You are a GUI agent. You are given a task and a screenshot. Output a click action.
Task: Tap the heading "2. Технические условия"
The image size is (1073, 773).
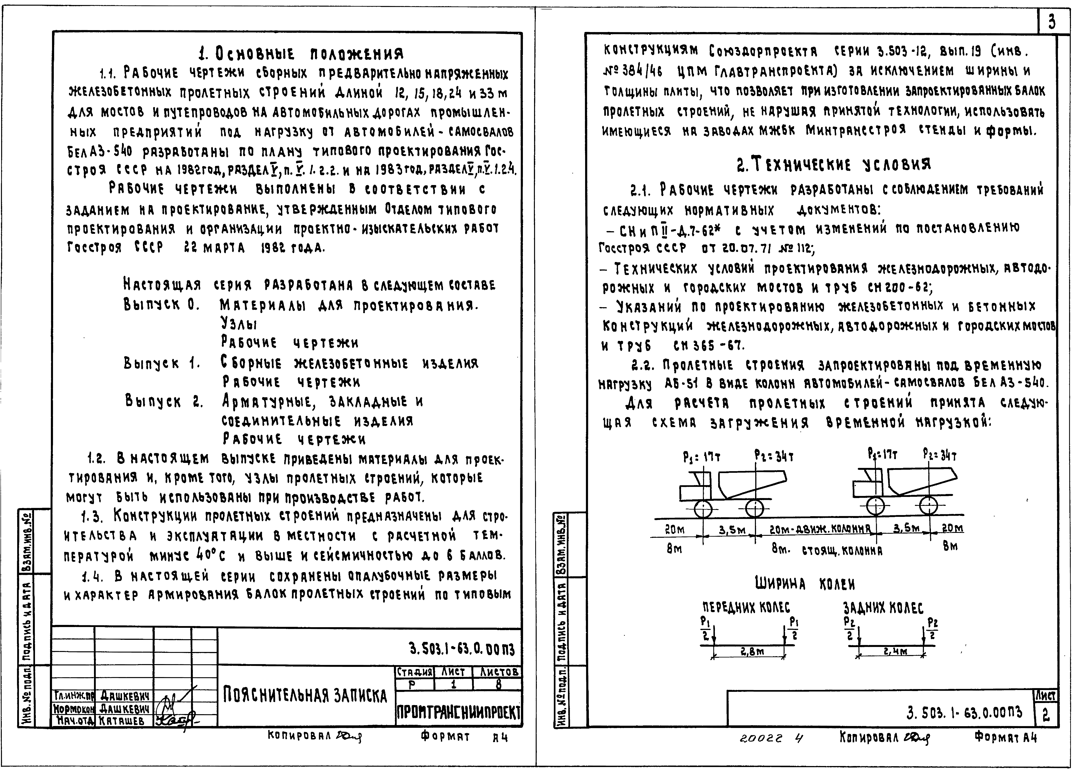tap(834, 165)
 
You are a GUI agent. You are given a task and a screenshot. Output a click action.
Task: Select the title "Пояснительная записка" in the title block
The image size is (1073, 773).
tap(305, 695)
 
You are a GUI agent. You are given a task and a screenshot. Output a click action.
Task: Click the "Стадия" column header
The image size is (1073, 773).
tap(414, 672)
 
